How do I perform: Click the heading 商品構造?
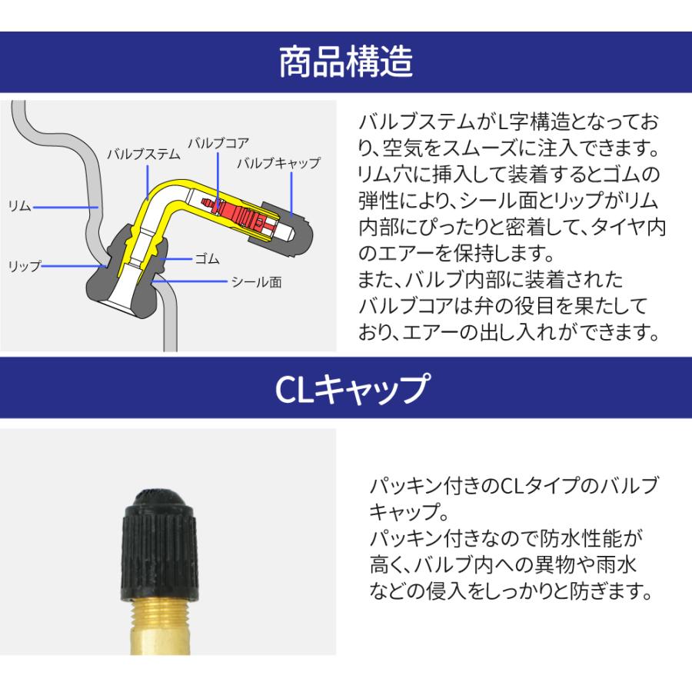(x=345, y=63)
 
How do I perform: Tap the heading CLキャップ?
(x=345, y=388)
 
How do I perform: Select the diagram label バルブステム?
(x=143, y=154)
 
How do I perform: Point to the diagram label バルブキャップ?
(x=278, y=163)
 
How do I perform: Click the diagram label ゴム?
(x=207, y=259)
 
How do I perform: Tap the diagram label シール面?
(x=256, y=282)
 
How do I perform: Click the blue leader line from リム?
(x=65, y=207)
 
